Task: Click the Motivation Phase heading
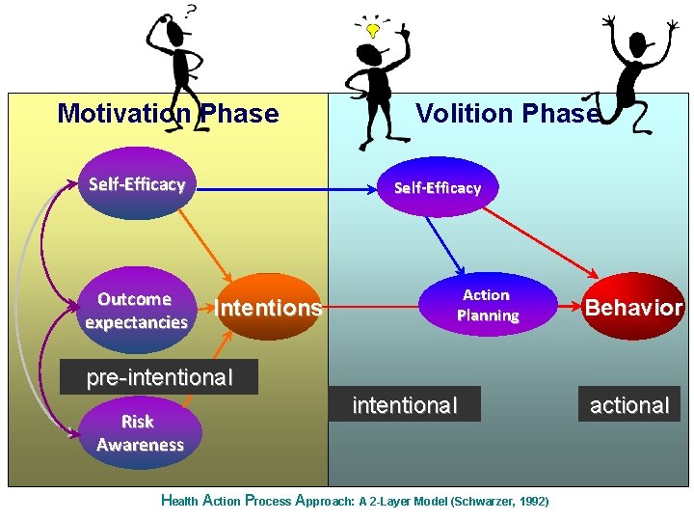(168, 114)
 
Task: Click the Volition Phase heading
(507, 114)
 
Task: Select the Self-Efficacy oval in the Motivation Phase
(137, 184)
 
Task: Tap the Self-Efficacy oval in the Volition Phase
(438, 187)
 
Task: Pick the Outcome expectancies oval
(136, 311)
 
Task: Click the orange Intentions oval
(268, 308)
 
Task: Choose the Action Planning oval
(489, 305)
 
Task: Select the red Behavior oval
(633, 308)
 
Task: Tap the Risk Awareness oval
(140, 433)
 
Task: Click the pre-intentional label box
(160, 377)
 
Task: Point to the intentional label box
(405, 405)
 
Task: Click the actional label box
(629, 405)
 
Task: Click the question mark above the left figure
(191, 12)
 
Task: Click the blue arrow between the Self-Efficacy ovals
(289, 190)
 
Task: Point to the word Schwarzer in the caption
(486, 502)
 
